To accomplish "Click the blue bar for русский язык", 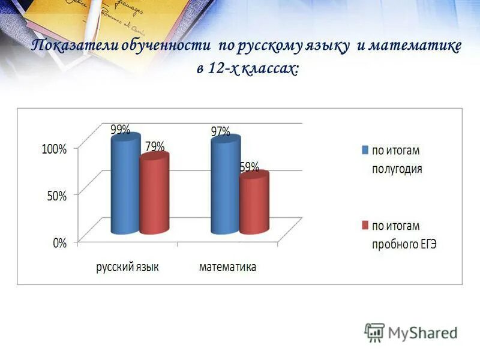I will click(125, 186).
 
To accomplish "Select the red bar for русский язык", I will click(154, 195).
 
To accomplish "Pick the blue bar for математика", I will click(225, 186).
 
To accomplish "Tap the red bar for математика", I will click(254, 204).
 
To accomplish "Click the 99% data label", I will click(120, 129).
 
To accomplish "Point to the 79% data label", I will click(154, 146).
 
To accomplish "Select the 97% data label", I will click(220, 131).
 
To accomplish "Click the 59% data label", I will click(250, 167).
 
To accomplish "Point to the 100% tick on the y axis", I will click(54, 149).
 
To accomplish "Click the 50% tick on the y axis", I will click(56, 196).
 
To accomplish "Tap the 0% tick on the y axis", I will click(59, 243).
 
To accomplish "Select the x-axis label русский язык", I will click(127, 267).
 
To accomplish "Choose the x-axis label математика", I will click(227, 267).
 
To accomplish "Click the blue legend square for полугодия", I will click(364, 150).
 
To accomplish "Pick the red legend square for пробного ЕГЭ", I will click(364, 226).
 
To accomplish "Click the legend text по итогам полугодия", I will click(397, 159).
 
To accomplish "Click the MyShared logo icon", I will click(374, 332).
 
